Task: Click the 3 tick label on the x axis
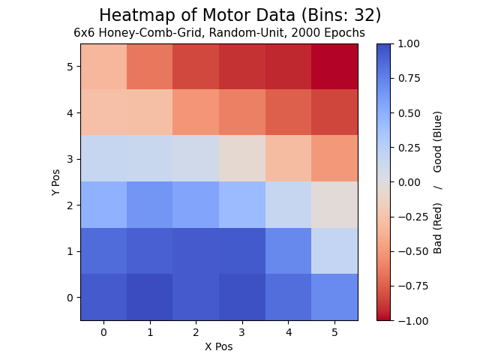[242, 332]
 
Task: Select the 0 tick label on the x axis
[103, 332]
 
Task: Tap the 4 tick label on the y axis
[70, 113]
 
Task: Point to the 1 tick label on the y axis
[70, 251]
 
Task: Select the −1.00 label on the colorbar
[413, 321]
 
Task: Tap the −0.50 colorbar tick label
[413, 252]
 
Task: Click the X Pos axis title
[219, 346]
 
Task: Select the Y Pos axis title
[55, 182]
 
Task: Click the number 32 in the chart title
[364, 15]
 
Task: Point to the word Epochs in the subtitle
[344, 33]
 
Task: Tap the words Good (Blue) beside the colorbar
[437, 142]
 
